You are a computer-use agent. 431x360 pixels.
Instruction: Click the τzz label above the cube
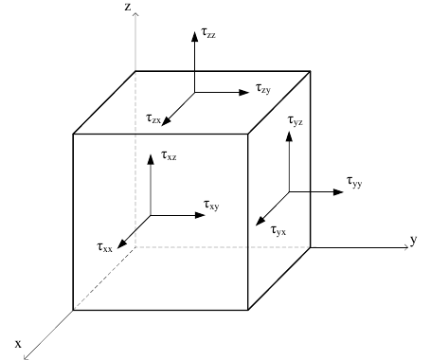pos(208,33)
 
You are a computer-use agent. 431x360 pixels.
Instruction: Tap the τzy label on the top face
pos(263,88)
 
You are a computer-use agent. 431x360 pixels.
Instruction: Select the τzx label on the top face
pos(153,118)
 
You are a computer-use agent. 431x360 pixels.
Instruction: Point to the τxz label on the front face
pos(169,155)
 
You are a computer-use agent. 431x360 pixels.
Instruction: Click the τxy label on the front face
pos(211,206)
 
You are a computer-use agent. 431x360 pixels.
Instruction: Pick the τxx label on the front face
pos(104,247)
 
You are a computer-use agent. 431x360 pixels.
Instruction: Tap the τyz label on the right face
pos(296,120)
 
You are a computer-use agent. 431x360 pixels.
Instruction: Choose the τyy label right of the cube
pos(354,182)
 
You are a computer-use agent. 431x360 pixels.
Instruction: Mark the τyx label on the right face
pos(278,231)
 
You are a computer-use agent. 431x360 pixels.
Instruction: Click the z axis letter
pos(128,7)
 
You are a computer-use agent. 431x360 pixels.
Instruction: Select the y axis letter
pos(414,240)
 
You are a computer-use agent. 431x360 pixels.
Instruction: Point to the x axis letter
pos(18,344)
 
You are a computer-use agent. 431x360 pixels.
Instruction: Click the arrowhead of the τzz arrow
pos(195,36)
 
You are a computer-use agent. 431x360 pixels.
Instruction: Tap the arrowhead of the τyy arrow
pos(338,191)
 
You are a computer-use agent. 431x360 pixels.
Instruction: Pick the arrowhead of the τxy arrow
pos(201,215)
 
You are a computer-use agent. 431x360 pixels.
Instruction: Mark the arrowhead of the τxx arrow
pos(121,243)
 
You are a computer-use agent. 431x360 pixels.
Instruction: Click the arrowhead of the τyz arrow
pos(289,136)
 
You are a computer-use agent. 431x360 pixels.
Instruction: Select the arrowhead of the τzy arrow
pos(244,92)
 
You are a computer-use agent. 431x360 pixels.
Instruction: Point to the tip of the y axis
pos(408,247)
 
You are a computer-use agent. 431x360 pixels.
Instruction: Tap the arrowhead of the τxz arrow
pos(151,159)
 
